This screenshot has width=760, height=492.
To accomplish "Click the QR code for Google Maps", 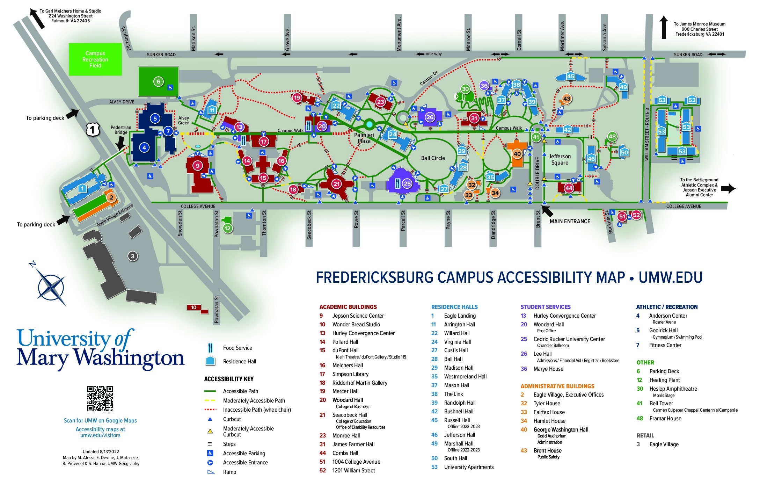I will click(100, 398).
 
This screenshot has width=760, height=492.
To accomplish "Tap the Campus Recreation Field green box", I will click(95, 59).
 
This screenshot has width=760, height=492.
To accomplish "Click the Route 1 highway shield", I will click(93, 130).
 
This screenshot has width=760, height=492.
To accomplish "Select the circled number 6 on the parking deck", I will click(158, 82).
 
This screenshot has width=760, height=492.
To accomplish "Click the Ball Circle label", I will click(433, 158).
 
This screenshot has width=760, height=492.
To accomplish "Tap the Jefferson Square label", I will click(560, 160).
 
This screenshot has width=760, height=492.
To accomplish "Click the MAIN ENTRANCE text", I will click(570, 222).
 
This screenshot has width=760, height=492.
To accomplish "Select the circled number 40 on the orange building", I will click(517, 154).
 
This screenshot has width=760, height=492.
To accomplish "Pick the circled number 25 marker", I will click(407, 183).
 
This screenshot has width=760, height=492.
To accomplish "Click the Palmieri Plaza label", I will click(364, 138).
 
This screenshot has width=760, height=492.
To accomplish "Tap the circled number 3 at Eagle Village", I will click(132, 256).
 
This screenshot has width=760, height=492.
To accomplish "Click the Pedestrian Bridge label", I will click(121, 130).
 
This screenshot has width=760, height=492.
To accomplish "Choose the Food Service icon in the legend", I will click(210, 348).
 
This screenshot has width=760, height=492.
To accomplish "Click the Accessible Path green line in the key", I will click(210, 391).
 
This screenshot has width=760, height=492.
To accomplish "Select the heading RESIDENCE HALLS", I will click(454, 307).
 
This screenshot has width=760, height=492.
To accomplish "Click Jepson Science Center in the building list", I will click(358, 316).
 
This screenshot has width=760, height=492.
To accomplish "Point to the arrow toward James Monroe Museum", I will click(664, 27).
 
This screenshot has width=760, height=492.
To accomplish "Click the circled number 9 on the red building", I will click(198, 166).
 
